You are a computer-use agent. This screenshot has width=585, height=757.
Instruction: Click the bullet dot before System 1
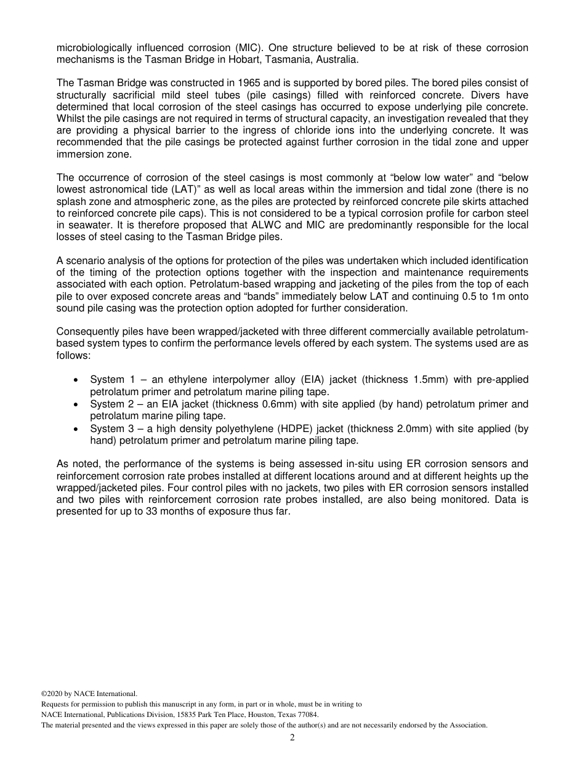[75, 380]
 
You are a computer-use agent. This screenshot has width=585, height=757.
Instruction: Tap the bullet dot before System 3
[75, 429]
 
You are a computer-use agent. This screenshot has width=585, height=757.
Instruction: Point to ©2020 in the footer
[53, 694]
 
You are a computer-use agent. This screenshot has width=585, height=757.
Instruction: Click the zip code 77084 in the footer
[307, 715]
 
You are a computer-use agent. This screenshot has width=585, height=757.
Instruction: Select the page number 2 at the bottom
[292, 738]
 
